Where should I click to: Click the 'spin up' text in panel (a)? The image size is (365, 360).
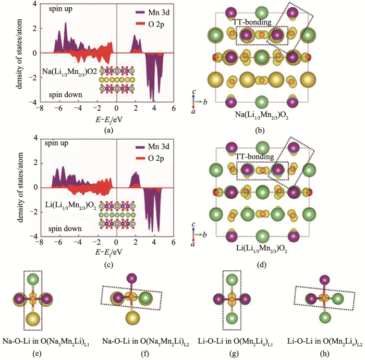tap(59, 9)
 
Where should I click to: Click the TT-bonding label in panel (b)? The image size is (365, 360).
tap(253, 22)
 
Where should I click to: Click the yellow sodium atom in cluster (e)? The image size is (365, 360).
tap(33, 318)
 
